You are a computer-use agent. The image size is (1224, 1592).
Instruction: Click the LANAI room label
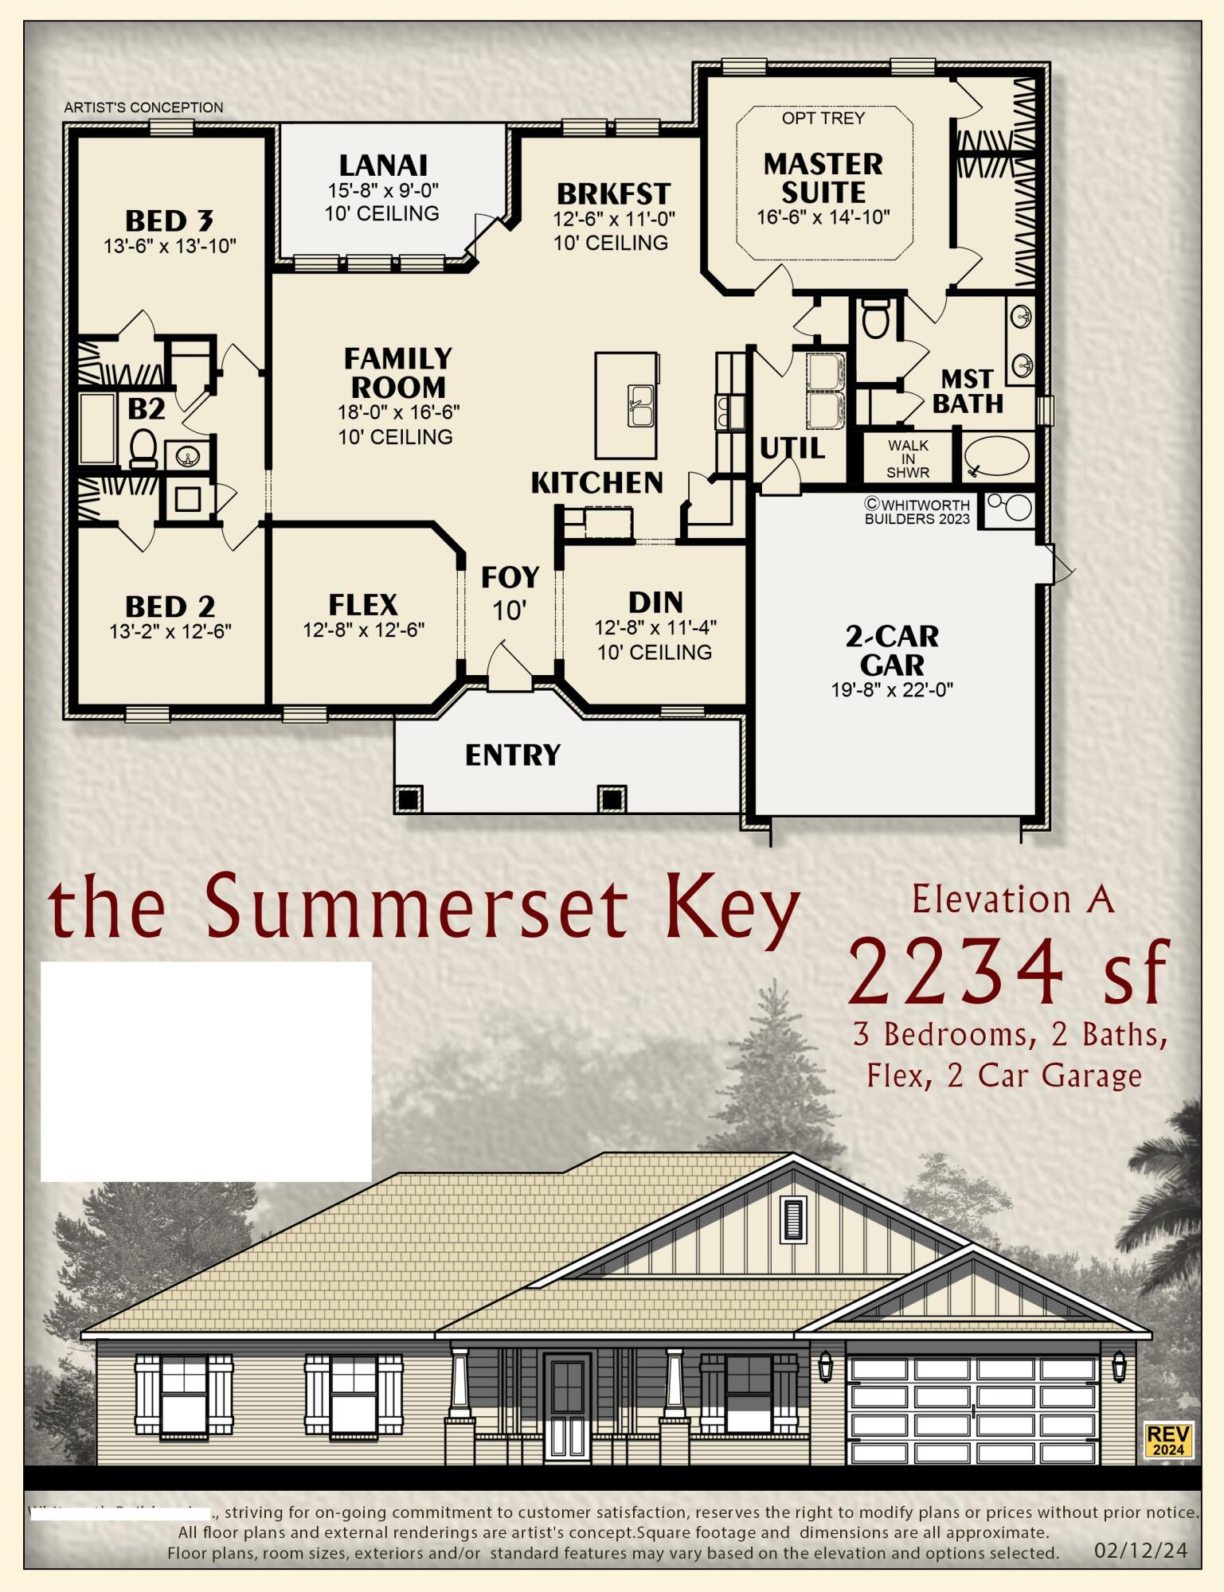click(383, 166)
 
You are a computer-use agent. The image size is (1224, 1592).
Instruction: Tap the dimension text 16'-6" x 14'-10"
click(823, 217)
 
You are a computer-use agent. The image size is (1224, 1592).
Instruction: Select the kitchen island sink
click(639, 405)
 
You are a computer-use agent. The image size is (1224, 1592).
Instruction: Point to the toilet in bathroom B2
click(143, 448)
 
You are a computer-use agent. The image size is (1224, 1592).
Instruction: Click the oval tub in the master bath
click(996, 456)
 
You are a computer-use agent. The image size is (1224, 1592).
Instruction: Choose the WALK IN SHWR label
click(908, 458)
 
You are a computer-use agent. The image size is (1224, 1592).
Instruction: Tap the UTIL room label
click(792, 449)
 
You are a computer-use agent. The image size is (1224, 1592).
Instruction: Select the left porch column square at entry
click(408, 798)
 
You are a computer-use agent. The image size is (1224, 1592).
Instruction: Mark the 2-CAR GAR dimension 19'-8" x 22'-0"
click(892, 689)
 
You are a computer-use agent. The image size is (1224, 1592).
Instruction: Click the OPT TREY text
click(823, 119)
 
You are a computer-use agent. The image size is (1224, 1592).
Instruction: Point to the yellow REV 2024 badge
click(1167, 1440)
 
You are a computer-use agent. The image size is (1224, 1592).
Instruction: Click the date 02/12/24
click(1140, 1550)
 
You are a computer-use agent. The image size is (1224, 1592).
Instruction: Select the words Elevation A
click(1012, 900)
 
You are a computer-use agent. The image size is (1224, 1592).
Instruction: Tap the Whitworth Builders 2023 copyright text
click(917, 512)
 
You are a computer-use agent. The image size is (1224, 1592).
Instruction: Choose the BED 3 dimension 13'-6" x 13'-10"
click(170, 246)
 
